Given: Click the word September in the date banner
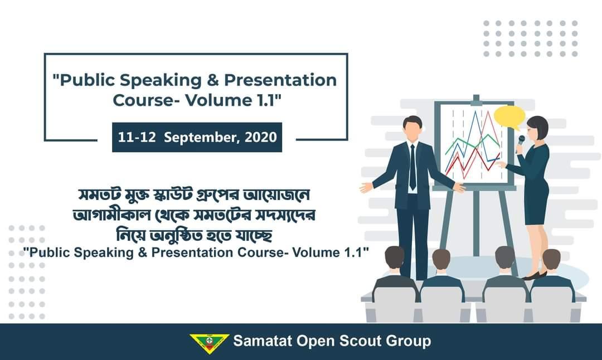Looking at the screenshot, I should tap(201, 137).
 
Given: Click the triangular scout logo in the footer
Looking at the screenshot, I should tap(209, 342).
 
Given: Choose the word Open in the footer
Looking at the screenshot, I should tap(316, 340).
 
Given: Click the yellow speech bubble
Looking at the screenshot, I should tap(509, 116).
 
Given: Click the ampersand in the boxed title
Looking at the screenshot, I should tap(213, 80).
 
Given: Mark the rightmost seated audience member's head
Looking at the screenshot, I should tap(551, 260).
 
